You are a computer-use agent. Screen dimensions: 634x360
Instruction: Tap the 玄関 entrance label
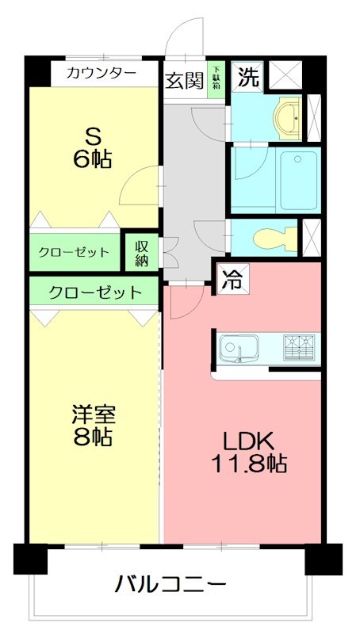coord(184,80)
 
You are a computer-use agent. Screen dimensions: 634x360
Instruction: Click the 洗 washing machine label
coord(248,77)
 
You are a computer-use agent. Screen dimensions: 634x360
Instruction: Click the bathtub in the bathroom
coord(299,180)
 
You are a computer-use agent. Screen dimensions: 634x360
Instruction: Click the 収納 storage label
coord(141,251)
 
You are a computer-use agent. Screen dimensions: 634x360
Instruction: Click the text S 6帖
coord(88,146)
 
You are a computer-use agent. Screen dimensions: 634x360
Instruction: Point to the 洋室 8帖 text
coord(94,425)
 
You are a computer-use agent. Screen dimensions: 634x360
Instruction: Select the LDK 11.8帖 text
coord(247,453)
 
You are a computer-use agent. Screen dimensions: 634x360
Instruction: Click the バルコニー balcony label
coord(171,586)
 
